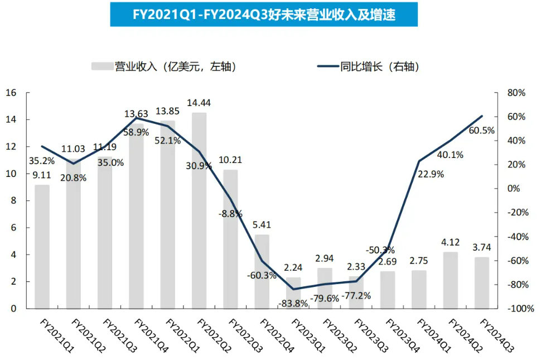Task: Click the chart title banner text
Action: coord(264,15)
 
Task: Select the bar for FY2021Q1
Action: coord(42,246)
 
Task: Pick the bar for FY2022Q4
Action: coord(262,271)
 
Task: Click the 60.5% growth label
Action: coord(480,131)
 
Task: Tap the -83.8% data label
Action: coord(293,304)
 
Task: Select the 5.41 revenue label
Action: coord(262,225)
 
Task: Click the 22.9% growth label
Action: coord(431,174)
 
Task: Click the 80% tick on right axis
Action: coord(516,93)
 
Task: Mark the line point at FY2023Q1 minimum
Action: coord(293,289)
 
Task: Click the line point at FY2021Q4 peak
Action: coord(136,118)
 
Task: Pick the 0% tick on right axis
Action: coord(514,189)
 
